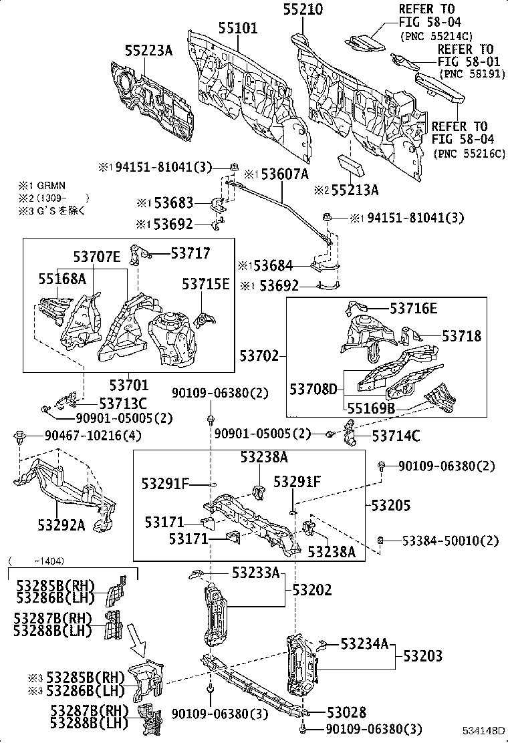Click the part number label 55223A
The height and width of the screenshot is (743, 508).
tap(148, 50)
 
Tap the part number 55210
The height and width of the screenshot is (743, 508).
tap(302, 9)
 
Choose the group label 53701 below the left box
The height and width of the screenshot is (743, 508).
tap(128, 385)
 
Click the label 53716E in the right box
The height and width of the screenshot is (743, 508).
tap(413, 308)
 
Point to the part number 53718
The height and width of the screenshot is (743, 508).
tap(461, 335)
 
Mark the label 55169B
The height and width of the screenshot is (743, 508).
tap(370, 408)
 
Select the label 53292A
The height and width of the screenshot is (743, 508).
tap(61, 525)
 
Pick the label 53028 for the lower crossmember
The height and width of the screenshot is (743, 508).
tap(347, 713)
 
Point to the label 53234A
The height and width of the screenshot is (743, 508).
tap(364, 643)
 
